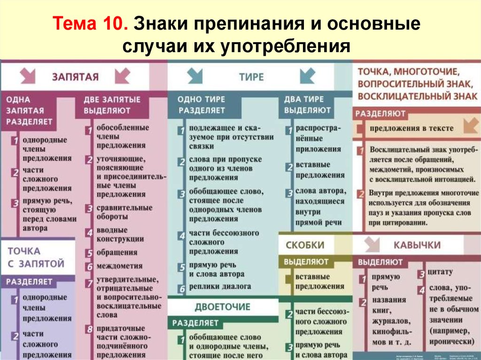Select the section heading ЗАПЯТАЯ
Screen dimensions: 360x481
[75, 77]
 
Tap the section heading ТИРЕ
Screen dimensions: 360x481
[251, 77]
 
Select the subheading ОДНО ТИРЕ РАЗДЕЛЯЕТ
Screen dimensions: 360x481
[201, 105]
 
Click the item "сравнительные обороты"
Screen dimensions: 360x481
[124, 212]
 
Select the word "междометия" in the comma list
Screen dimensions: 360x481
[119, 266]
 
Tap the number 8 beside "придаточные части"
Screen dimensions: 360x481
[89, 329]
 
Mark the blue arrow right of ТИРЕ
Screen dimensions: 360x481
[308, 75]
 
